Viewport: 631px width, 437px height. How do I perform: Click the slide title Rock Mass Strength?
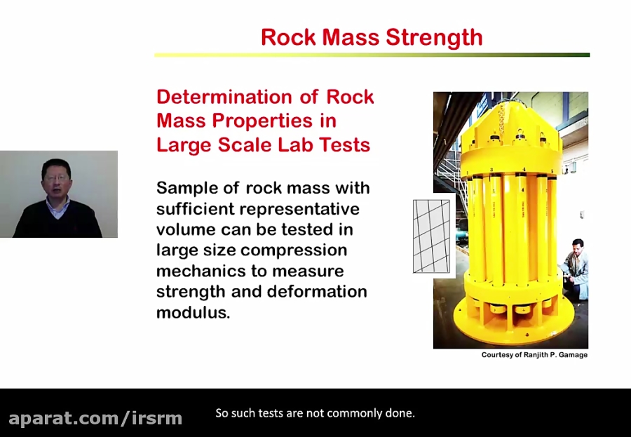coord(372,37)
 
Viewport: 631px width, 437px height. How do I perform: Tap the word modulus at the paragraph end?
coord(192,313)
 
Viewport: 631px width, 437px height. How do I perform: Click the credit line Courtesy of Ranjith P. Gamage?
coord(534,355)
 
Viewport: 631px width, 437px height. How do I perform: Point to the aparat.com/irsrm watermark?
coord(95,419)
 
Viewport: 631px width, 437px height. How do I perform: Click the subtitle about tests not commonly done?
coord(315,413)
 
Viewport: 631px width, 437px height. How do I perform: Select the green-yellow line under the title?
coord(372,55)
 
